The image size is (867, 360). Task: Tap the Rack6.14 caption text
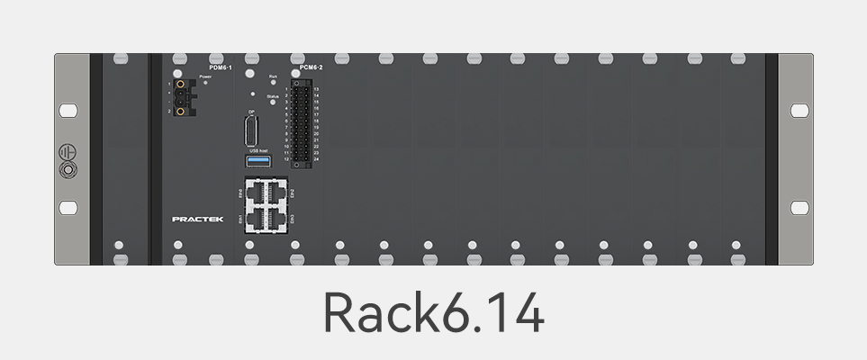pyautogui.click(x=433, y=313)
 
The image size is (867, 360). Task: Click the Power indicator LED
pyautogui.click(x=206, y=83)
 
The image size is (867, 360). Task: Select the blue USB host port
pyautogui.click(x=259, y=160)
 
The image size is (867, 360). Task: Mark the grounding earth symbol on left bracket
pyautogui.click(x=67, y=152)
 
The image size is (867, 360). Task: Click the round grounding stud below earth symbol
pyautogui.click(x=67, y=168)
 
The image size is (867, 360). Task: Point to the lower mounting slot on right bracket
pyautogui.click(x=799, y=208)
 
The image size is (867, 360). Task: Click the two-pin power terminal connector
pyautogui.click(x=183, y=97)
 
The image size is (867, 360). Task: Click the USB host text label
pyautogui.click(x=259, y=150)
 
